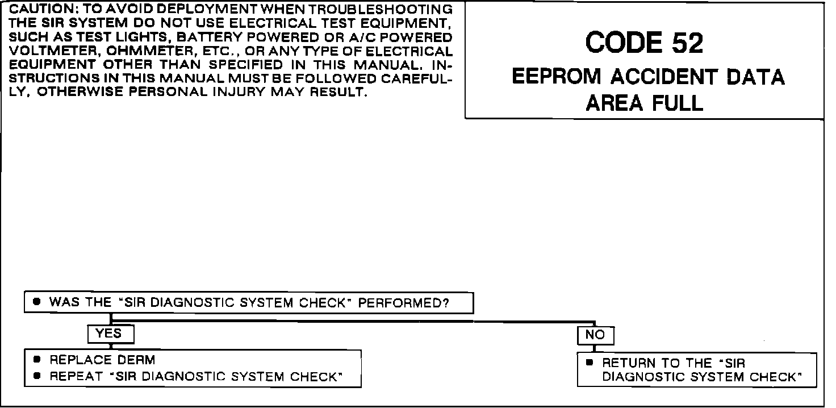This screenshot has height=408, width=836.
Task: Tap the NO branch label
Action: [595, 335]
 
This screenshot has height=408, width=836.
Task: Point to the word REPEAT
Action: [70, 376]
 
